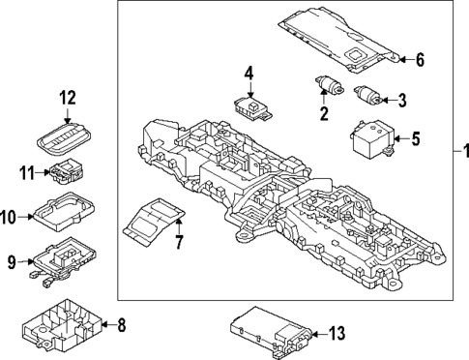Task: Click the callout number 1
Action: pos(462,150)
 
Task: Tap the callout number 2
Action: pos(324,113)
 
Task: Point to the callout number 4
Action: pos(249,73)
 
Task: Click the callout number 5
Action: pos(415,139)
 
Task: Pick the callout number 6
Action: pos(420,60)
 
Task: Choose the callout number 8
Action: pos(121,325)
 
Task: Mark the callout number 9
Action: pos(12,260)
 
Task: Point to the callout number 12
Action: pos(66,98)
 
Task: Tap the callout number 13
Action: pos(336,334)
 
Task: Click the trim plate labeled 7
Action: pos(152,220)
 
